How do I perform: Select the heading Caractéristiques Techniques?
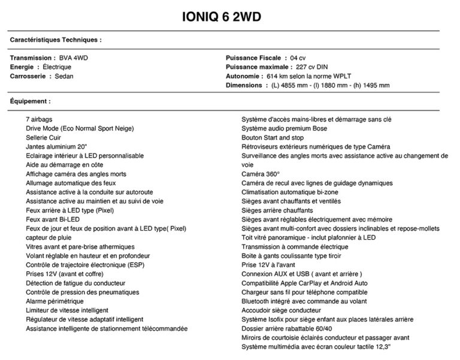pyautogui.click(x=56, y=40)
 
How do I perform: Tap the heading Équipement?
pyautogui.click(x=30, y=101)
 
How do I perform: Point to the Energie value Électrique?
pyautogui.click(x=56, y=67)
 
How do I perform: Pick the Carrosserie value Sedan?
pyautogui.click(x=61, y=76)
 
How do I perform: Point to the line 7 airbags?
pyautogui.click(x=39, y=119)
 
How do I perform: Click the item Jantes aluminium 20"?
pyautogui.click(x=56, y=146)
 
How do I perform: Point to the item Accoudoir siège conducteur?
pyautogui.click(x=281, y=310)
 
